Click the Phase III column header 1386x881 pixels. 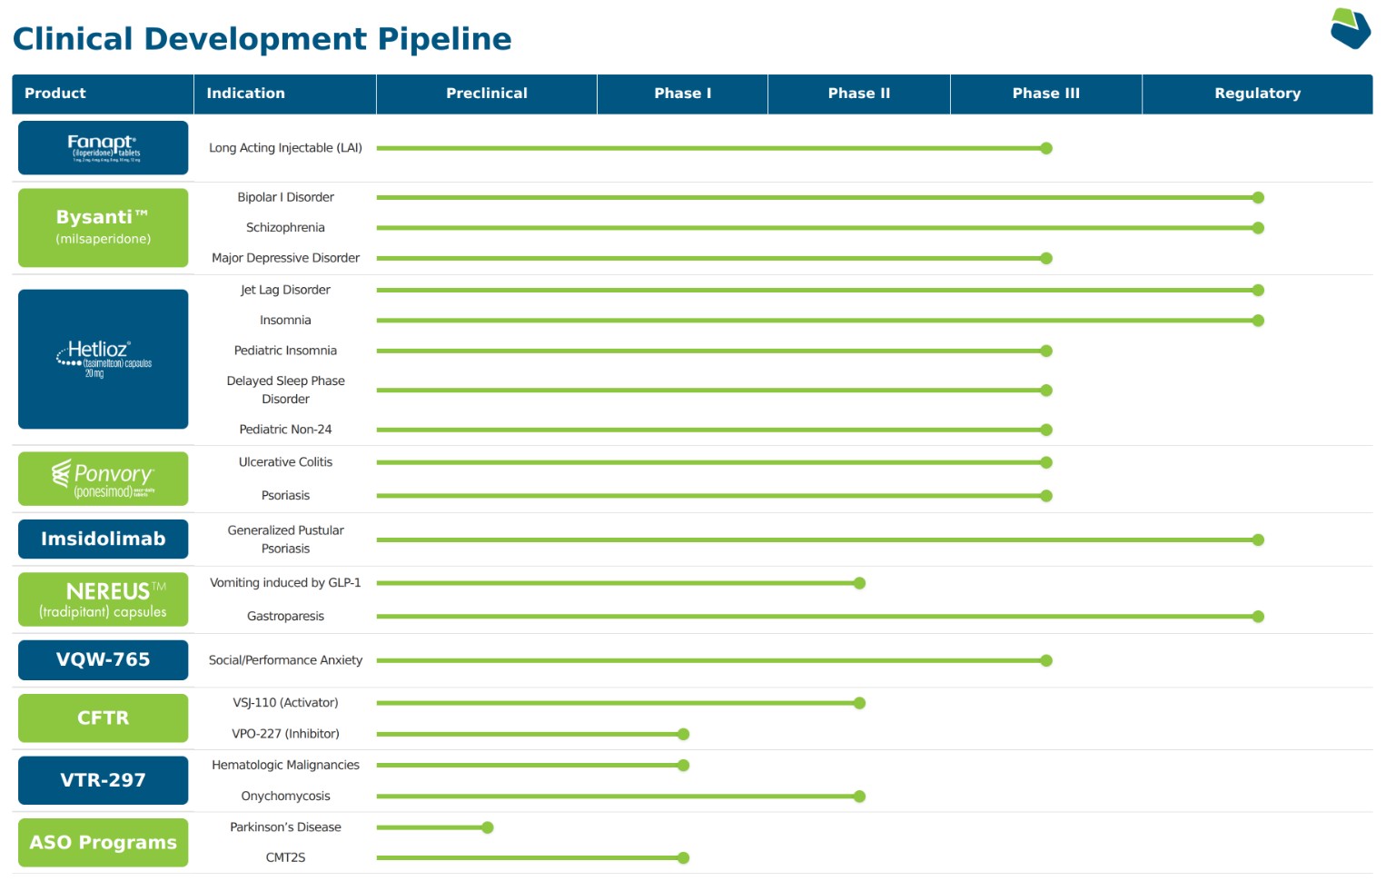click(x=1045, y=94)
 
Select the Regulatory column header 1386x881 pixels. click(x=1257, y=94)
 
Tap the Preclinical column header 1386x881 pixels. click(x=486, y=94)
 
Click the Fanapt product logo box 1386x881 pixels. click(x=103, y=147)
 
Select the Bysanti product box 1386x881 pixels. click(x=103, y=227)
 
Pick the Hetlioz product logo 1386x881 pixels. click(x=103, y=359)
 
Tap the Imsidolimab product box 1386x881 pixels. click(x=103, y=539)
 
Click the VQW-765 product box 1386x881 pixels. click(x=103, y=659)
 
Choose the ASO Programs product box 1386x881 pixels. click(x=103, y=842)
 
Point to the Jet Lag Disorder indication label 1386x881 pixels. click(x=285, y=290)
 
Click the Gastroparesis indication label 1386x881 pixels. click(x=285, y=616)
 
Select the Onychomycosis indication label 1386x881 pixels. click(x=285, y=796)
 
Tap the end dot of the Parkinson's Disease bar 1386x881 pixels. click(x=488, y=827)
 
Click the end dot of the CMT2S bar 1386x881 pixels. click(x=684, y=857)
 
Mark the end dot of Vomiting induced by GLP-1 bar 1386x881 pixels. click(x=859, y=583)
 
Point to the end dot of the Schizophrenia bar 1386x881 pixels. click(x=1258, y=228)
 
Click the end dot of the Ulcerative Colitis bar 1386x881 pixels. click(x=1046, y=462)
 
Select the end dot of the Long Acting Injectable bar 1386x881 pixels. click(x=1046, y=148)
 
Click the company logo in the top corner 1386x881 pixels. click(x=1350, y=28)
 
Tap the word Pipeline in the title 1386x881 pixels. click(x=444, y=39)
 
